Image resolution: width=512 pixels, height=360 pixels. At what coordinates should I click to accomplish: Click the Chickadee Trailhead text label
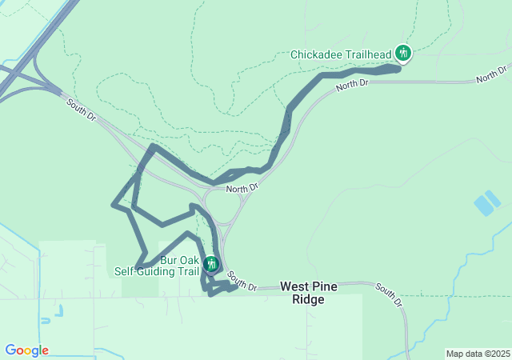[x=341, y=54]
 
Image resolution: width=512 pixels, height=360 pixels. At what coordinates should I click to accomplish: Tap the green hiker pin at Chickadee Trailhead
[x=403, y=54]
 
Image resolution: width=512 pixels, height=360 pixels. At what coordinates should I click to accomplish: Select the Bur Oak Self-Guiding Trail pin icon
[x=210, y=263]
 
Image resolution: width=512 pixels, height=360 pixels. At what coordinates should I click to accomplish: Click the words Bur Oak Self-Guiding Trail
[x=157, y=266]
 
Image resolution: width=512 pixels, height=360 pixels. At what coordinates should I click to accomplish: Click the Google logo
[x=26, y=350]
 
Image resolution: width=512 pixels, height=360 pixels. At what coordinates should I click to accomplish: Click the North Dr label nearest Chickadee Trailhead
[x=352, y=83]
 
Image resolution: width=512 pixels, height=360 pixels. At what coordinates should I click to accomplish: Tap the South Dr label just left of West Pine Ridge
[x=242, y=281]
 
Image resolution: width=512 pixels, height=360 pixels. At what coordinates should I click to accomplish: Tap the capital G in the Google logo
[x=10, y=350]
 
